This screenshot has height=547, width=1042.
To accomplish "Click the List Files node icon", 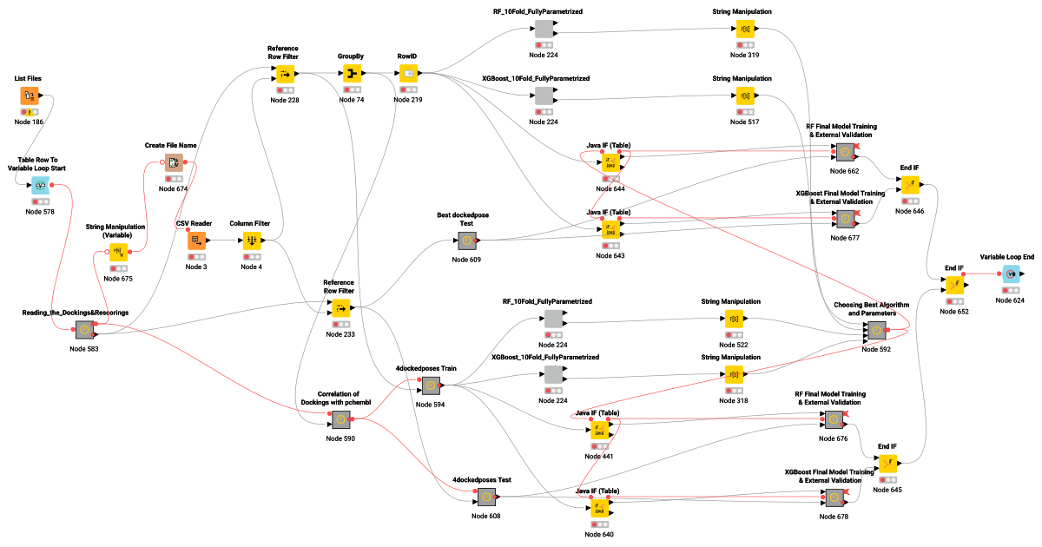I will click(x=29, y=96).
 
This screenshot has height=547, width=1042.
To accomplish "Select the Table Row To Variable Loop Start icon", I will click(x=40, y=185).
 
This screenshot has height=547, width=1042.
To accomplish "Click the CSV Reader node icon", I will click(x=196, y=241).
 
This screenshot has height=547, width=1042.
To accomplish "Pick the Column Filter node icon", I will click(x=252, y=241).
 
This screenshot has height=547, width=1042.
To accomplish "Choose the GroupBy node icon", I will click(x=351, y=75).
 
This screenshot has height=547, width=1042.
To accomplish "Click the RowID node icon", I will click(x=408, y=75).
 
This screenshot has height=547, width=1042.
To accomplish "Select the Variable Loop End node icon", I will click(x=1011, y=274).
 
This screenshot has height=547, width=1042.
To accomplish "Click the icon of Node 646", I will click(x=909, y=185).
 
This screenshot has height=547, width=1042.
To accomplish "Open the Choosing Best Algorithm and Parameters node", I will click(x=874, y=330).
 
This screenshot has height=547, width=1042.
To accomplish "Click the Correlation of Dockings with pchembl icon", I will click(x=340, y=419).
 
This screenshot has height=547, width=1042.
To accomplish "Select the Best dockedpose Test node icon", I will click(x=465, y=241).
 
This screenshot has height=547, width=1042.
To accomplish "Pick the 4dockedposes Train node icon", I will click(x=431, y=386).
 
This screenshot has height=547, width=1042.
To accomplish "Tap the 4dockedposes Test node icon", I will click(x=486, y=497).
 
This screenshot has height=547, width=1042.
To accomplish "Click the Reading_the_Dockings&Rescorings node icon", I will click(x=84, y=330).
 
